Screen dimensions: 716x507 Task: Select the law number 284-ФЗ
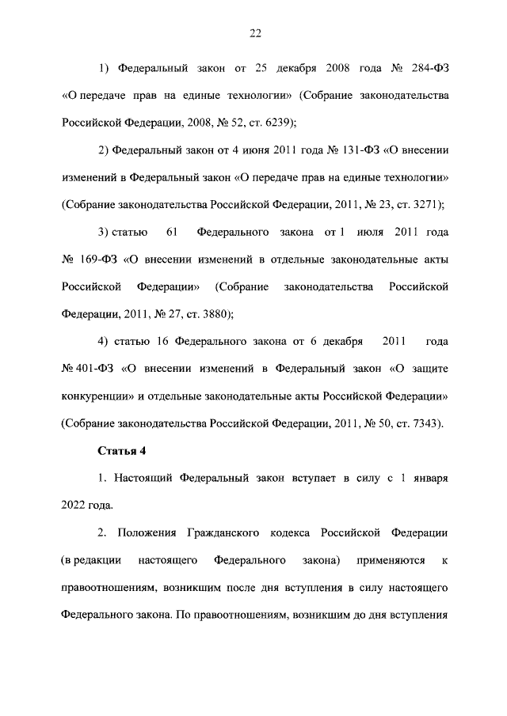427,68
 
